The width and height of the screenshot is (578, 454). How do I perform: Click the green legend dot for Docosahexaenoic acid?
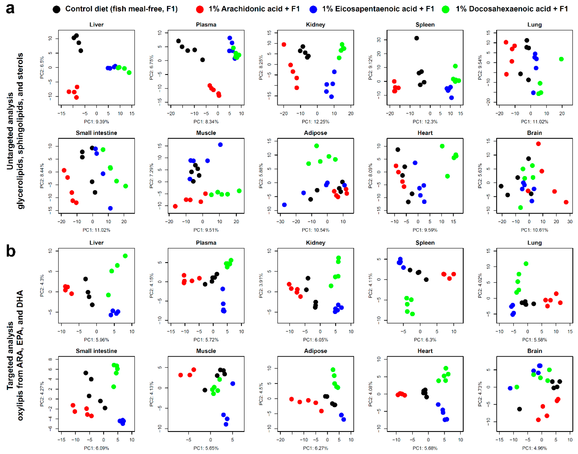pos(445,9)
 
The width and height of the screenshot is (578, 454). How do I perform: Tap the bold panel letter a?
pos(10,9)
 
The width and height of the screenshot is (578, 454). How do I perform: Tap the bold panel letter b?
pos(11,251)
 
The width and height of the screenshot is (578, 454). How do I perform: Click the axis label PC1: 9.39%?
pos(96,122)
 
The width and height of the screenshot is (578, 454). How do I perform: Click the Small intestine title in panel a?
pos(96,133)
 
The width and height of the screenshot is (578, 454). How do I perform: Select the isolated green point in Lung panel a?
pos(561,59)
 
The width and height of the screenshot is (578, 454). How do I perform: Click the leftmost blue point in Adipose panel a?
pos(284,205)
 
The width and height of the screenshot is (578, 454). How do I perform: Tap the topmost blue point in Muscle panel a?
pos(220,145)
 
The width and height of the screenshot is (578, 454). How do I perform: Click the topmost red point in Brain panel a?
pos(538,144)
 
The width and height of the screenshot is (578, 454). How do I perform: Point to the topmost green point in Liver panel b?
pos(125,256)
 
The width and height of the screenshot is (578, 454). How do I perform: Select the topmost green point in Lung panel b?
pos(526,264)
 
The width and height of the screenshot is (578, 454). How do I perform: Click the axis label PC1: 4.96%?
pos(534,448)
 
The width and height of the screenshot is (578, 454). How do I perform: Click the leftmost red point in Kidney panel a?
pos(284,44)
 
